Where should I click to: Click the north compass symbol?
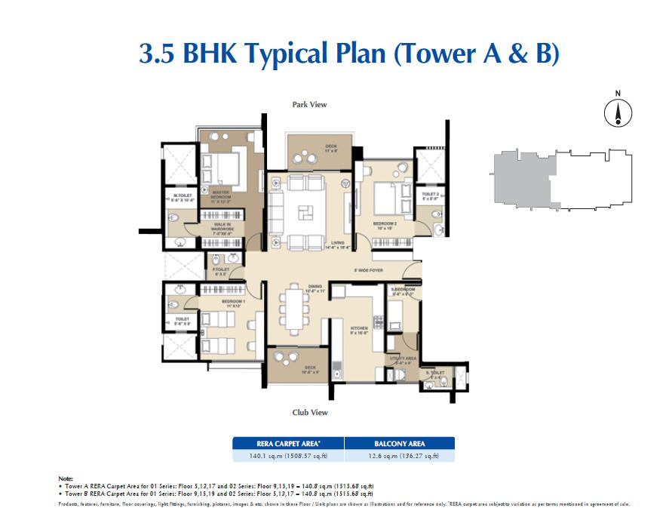(618, 112)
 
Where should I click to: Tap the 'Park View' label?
(309, 105)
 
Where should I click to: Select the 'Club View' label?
(309, 412)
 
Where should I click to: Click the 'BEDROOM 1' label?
(231, 303)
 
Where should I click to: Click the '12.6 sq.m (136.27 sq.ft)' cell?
(400, 456)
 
